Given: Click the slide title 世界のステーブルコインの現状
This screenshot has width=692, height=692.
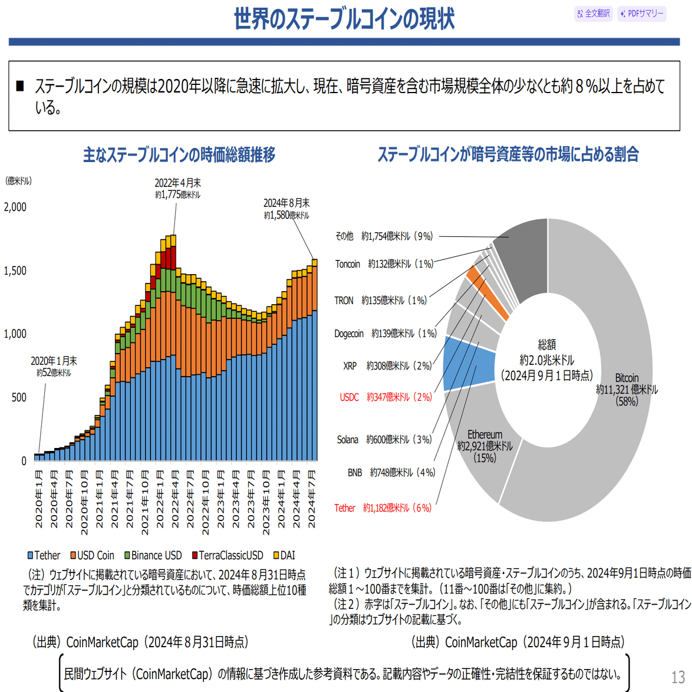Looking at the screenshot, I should [344, 19].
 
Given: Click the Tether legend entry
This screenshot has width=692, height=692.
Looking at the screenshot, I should [44, 555].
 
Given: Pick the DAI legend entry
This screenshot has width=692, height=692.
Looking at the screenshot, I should [284, 555].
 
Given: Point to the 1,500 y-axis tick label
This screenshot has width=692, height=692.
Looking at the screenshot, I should [15, 271].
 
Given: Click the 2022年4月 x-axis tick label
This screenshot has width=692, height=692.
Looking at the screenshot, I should [175, 499].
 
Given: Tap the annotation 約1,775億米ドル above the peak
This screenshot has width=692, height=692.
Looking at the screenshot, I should [178, 195].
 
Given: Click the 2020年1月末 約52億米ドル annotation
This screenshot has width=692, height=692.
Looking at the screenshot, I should [54, 366].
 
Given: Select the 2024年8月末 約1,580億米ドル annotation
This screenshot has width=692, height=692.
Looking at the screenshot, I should [286, 209].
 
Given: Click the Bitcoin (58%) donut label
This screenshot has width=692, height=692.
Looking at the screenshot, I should [627, 389].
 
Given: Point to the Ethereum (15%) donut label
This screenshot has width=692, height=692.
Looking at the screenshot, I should [485, 446].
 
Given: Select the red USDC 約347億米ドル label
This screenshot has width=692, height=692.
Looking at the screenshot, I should [385, 397].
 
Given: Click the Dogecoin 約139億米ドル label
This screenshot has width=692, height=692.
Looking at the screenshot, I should [385, 334].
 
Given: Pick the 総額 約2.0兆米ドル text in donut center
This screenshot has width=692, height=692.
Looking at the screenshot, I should [546, 360].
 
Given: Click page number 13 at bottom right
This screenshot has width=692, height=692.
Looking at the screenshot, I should [678, 677].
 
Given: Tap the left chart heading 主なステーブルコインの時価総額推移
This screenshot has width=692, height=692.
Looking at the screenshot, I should [179, 155].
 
